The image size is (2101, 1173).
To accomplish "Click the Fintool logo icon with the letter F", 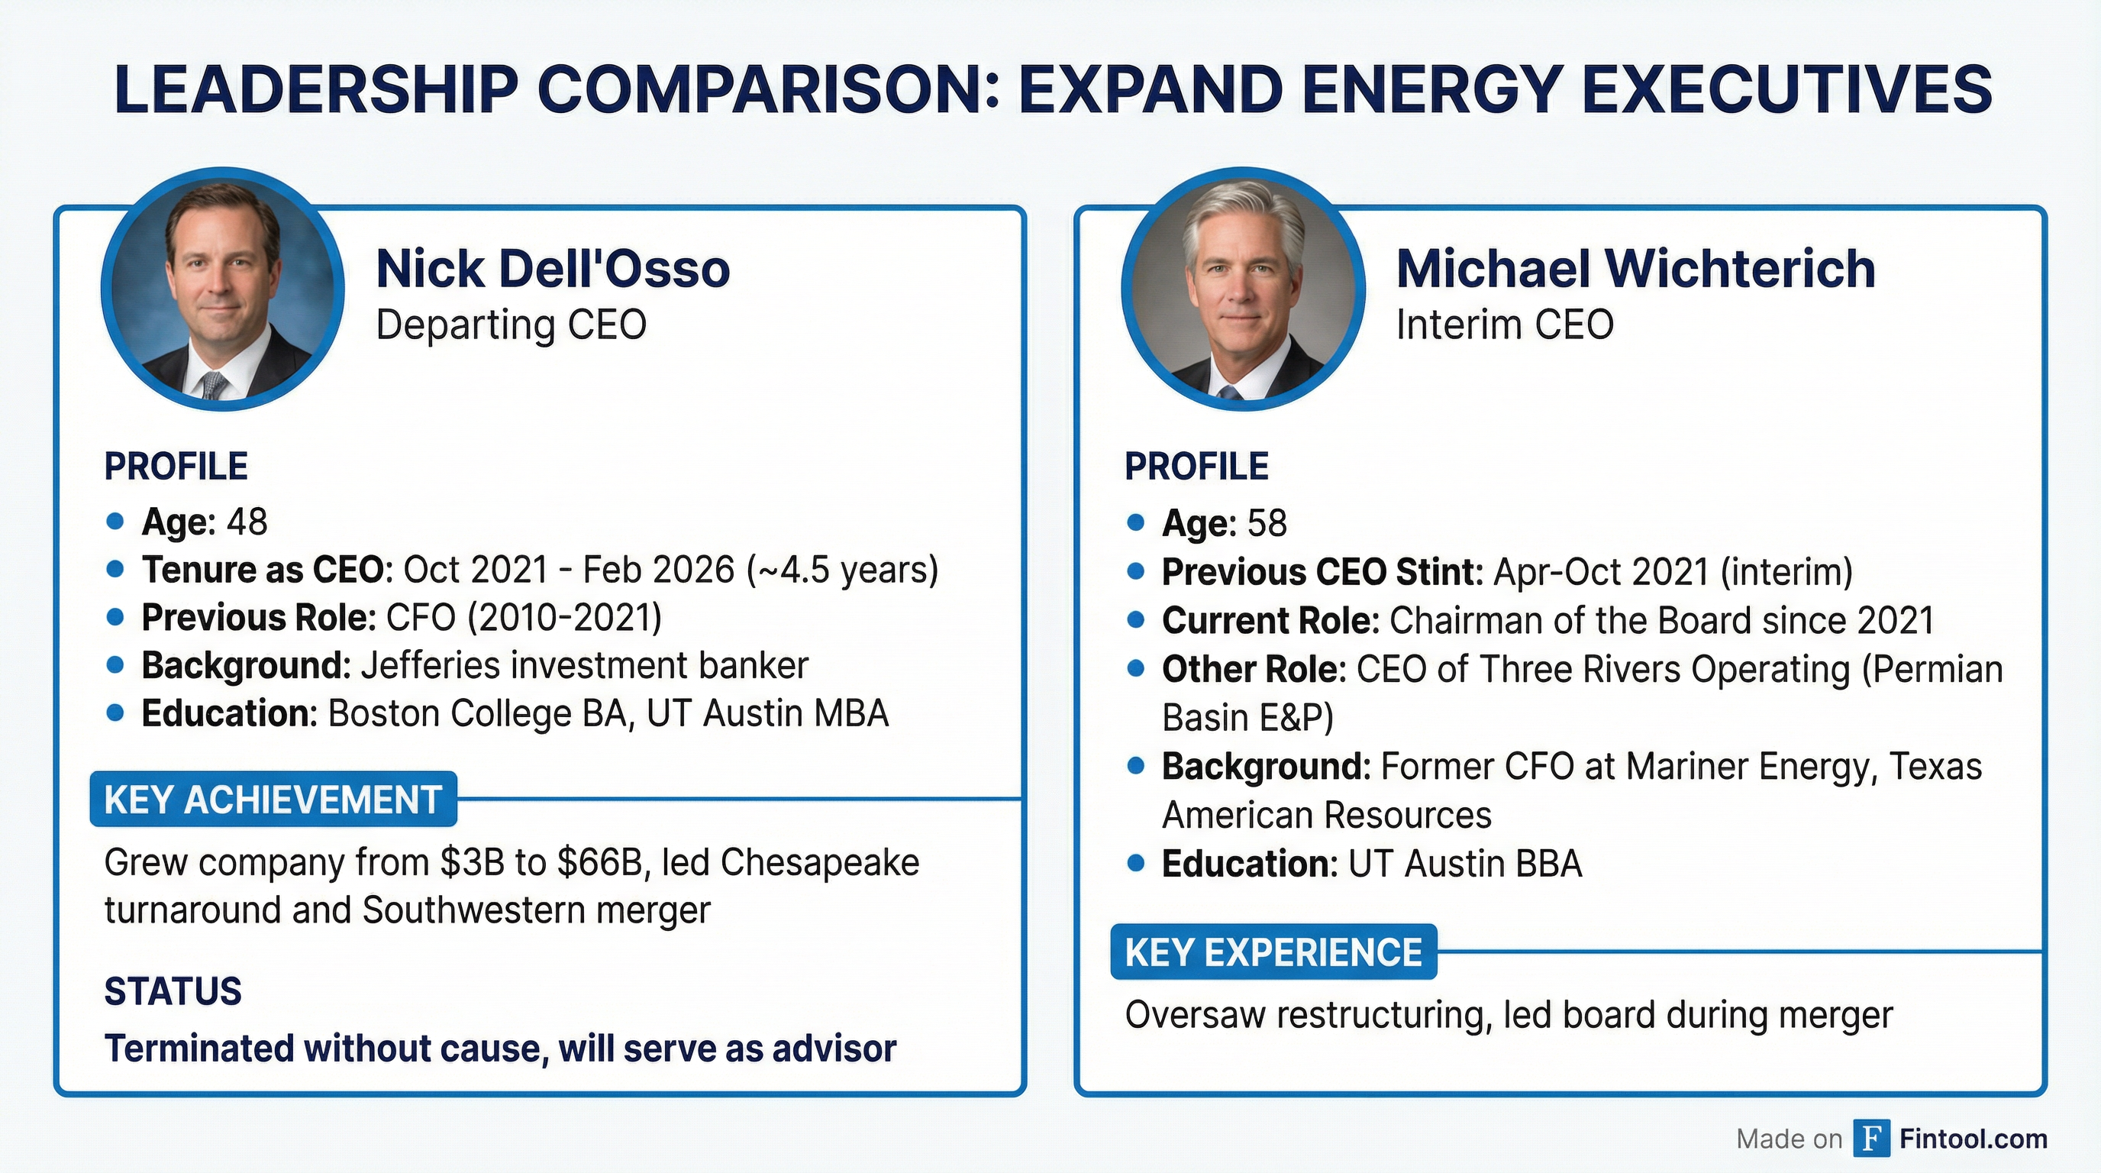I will (x=1871, y=1138).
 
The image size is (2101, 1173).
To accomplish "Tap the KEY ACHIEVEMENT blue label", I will (x=273, y=800).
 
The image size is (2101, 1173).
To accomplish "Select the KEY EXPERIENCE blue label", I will (x=1273, y=952).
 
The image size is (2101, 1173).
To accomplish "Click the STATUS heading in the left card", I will (x=173, y=992).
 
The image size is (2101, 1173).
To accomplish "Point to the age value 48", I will (x=247, y=522).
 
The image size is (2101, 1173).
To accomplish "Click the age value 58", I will (x=1267, y=524).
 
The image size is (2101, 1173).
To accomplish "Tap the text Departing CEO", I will (x=511, y=325).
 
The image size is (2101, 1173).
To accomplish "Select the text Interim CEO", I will (x=1505, y=325).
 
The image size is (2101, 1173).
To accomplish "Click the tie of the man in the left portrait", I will (x=215, y=385).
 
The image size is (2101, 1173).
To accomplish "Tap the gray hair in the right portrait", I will (x=1244, y=216).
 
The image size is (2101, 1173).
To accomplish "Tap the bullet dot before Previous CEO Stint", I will (x=1135, y=572).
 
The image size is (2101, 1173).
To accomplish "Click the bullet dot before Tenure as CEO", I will (x=115, y=570).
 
